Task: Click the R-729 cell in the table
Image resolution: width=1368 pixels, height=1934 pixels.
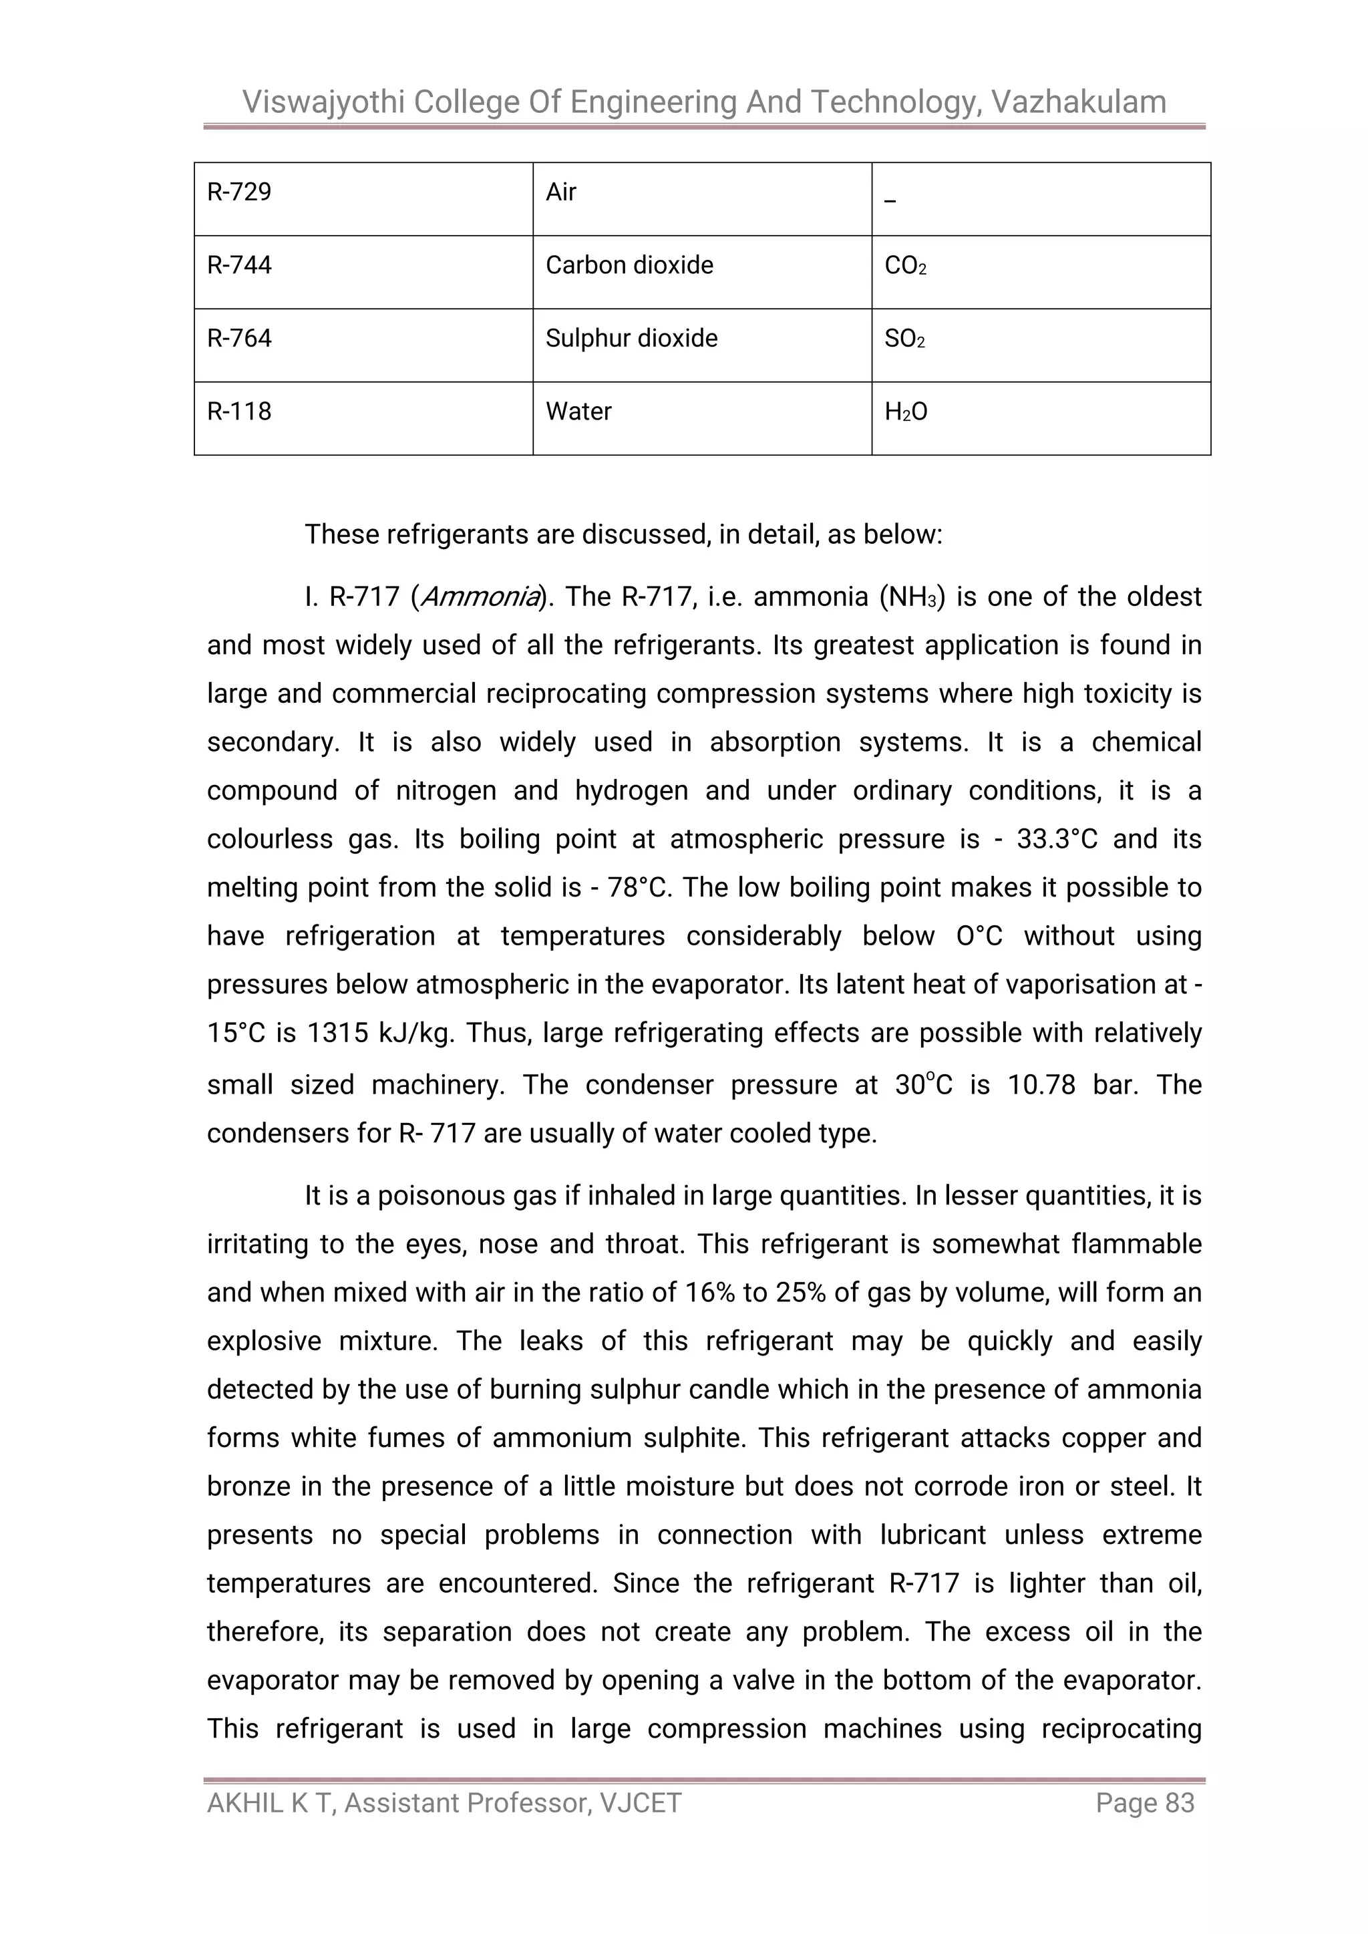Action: pyautogui.click(x=239, y=192)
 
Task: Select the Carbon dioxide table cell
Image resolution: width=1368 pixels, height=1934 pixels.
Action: pyautogui.click(x=629, y=265)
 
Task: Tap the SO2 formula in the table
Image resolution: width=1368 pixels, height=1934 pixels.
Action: pyautogui.click(x=904, y=339)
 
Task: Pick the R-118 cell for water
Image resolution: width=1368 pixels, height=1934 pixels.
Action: pyautogui.click(x=239, y=412)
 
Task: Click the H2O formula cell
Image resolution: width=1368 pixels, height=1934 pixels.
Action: pyautogui.click(x=906, y=412)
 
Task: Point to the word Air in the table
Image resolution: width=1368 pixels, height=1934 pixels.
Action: pyautogui.click(x=561, y=192)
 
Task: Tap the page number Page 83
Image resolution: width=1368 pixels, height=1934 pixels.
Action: pyautogui.click(x=1145, y=1802)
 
